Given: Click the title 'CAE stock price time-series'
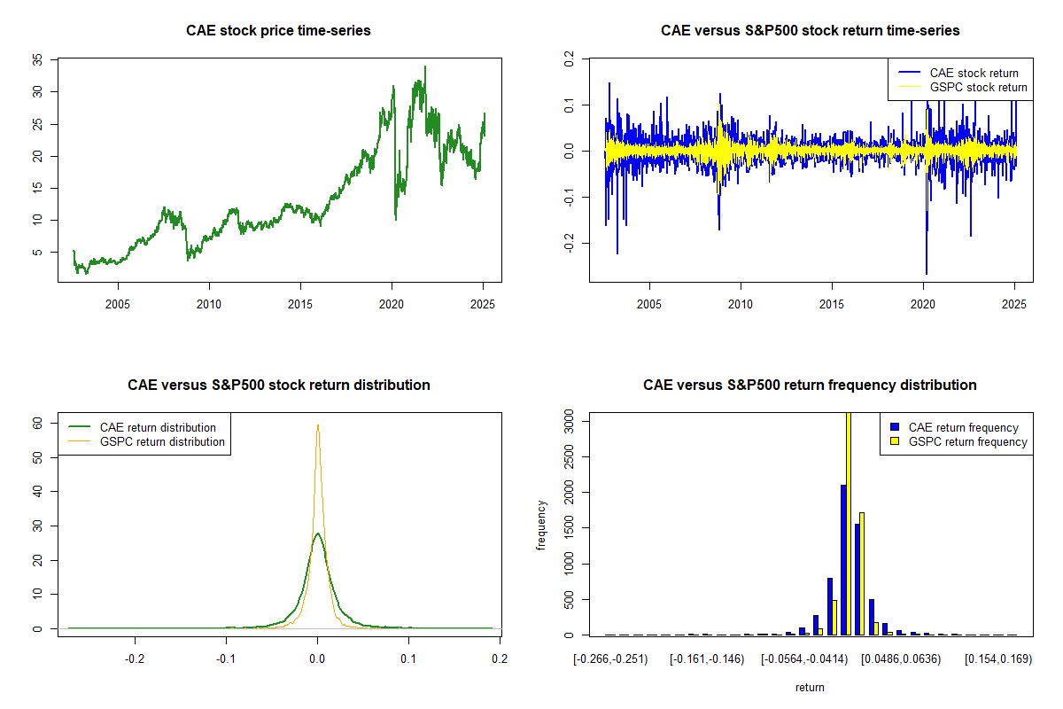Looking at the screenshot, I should click(278, 31).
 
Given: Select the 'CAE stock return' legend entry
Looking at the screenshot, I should click(974, 73).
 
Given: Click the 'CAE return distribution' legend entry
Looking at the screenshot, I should click(158, 427).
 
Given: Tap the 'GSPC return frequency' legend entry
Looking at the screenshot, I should click(968, 441).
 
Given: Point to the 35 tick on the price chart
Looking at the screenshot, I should click(37, 59).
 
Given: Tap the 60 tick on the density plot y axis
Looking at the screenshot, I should click(37, 424).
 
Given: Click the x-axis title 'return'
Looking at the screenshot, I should click(810, 687).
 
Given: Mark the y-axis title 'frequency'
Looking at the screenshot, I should click(541, 526).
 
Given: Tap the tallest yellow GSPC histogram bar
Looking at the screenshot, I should click(849, 523).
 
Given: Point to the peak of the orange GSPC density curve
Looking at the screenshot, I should click(317, 425).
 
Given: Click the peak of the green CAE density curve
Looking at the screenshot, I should click(317, 534).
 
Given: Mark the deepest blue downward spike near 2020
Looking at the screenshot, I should click(927, 273).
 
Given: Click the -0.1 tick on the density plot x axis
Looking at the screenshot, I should click(226, 660).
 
